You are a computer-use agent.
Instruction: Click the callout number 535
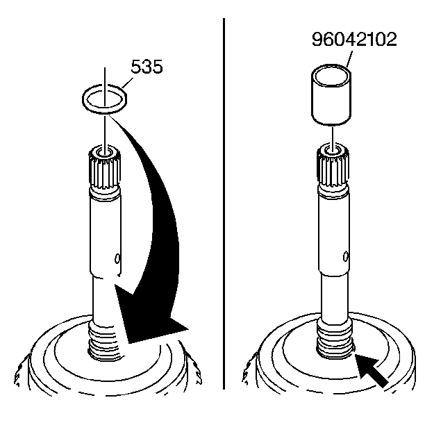(x=147, y=66)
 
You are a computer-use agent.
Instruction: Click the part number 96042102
(x=354, y=40)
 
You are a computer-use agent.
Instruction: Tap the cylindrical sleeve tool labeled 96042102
(x=331, y=95)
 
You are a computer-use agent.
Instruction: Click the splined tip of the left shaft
(x=104, y=168)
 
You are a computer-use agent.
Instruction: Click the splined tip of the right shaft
(x=333, y=168)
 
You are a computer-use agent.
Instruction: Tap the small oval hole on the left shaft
(x=117, y=258)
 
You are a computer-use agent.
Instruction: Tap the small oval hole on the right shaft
(x=346, y=256)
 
